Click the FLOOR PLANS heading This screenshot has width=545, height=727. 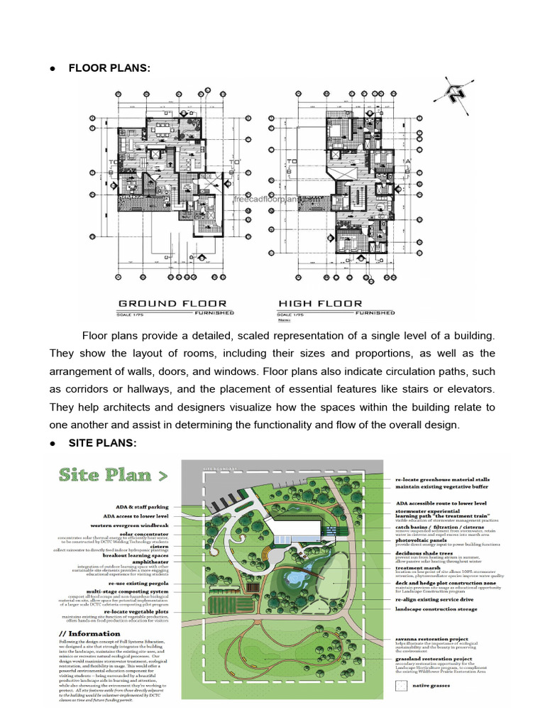[x=109, y=67]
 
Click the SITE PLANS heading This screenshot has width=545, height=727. [x=102, y=443]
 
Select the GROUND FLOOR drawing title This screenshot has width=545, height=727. [x=172, y=304]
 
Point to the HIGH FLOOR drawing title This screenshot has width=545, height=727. [x=320, y=304]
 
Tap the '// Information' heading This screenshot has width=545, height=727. [x=90, y=634]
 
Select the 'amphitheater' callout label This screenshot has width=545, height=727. [x=150, y=561]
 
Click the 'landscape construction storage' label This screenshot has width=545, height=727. [x=436, y=609]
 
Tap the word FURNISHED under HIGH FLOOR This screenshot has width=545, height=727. [x=375, y=312]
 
